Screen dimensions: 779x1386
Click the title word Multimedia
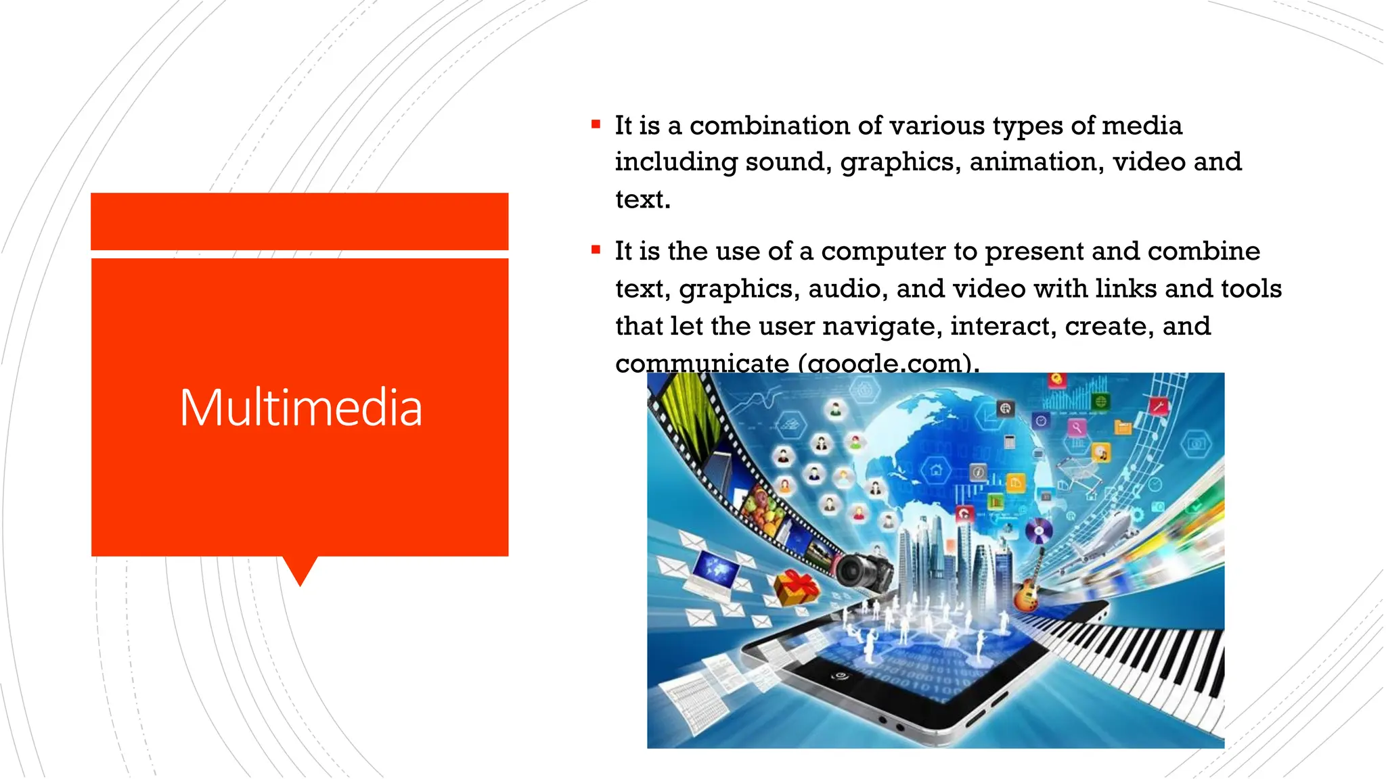(300, 408)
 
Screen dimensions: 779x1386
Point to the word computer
(883, 252)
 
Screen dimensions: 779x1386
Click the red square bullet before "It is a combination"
(596, 124)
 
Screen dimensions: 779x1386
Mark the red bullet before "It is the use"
(596, 250)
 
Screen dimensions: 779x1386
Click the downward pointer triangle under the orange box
(300, 569)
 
